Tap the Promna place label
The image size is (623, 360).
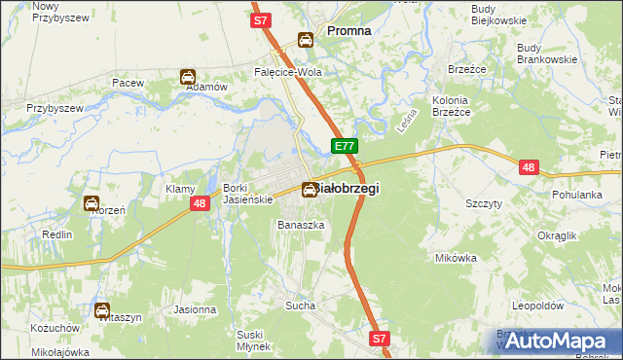point(348,31)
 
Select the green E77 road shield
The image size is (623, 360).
point(344,146)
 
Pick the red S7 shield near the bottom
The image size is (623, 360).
point(380,339)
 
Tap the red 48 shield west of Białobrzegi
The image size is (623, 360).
point(199,203)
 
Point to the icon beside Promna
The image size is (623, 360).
point(306,40)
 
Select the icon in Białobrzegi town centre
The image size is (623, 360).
point(309,190)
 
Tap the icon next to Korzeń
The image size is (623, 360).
point(92,203)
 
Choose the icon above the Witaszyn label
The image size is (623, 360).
point(103,311)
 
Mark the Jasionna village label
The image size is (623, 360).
point(195,309)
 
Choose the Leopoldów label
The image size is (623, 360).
point(538,305)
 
